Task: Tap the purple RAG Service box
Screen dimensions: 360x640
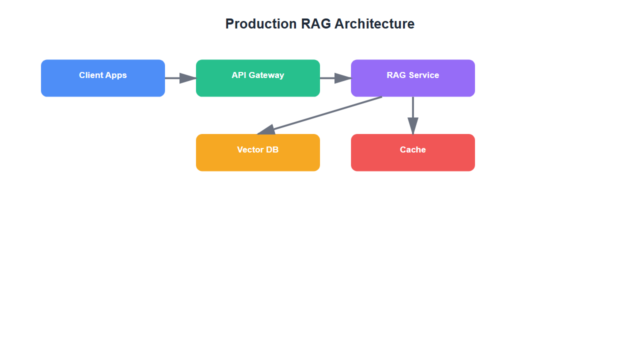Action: point(412,86)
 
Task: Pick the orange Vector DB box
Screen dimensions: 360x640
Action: point(257,160)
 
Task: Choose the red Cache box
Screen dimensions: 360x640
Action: point(412,160)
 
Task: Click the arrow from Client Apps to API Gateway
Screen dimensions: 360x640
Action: point(175,78)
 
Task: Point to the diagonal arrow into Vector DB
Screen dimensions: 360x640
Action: point(325,114)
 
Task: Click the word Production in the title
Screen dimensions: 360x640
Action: point(261,24)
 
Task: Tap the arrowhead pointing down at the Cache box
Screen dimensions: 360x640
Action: point(413,126)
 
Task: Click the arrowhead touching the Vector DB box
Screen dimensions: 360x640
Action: point(266,130)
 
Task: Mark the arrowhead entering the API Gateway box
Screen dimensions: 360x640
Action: point(188,78)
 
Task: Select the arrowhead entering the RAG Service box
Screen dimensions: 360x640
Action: point(343,78)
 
